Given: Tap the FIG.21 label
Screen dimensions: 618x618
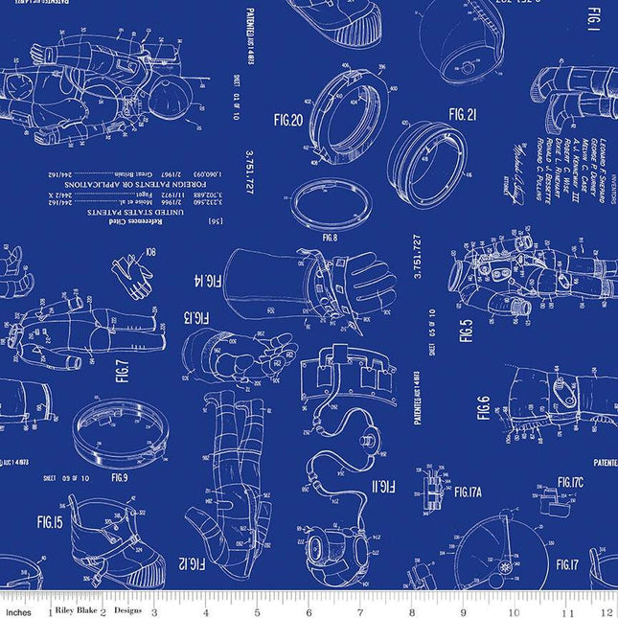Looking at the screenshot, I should [463, 114].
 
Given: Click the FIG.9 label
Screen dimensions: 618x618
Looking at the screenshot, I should [119, 476].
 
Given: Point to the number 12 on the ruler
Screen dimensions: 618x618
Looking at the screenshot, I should [604, 610].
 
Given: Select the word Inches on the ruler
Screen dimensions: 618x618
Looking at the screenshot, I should [17, 610].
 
